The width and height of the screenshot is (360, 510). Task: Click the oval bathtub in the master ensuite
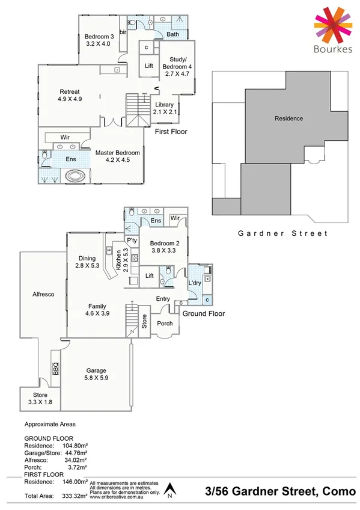point(75,177)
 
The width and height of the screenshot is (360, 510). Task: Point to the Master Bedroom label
point(117,156)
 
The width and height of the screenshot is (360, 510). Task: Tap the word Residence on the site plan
point(288,118)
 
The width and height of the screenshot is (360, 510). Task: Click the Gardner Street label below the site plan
point(282,233)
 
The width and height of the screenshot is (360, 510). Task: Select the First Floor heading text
point(171,131)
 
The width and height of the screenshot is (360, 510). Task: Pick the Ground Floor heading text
point(203,313)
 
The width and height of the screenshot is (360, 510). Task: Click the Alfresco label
point(43,295)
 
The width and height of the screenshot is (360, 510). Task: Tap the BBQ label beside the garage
point(55,369)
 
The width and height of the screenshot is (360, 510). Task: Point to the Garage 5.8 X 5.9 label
point(96,375)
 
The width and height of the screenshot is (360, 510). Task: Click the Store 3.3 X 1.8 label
point(40,398)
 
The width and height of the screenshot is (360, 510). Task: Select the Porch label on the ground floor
point(165,324)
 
